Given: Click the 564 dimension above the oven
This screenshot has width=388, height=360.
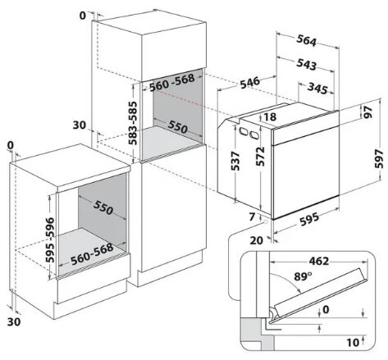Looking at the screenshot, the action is pyautogui.click(x=307, y=41).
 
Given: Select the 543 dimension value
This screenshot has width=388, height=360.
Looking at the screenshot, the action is pyautogui.click(x=307, y=65).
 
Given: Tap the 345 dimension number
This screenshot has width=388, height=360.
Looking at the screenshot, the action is pyautogui.click(x=317, y=89).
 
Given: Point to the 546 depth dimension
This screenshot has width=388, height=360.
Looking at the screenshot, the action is pyautogui.click(x=250, y=83).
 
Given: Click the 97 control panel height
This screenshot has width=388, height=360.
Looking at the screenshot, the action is pyautogui.click(x=368, y=112).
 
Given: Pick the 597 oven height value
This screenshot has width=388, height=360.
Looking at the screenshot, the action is pyautogui.click(x=379, y=158).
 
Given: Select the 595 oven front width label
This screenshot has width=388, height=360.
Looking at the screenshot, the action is pyautogui.click(x=309, y=219).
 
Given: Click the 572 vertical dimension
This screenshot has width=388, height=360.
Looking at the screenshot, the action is pyautogui.click(x=260, y=157).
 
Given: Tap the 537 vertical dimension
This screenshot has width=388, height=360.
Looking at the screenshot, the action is pyautogui.click(x=235, y=161).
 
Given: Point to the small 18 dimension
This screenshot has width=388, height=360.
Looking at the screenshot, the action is pyautogui.click(x=270, y=116).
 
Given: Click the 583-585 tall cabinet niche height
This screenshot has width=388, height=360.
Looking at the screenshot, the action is pyautogui.click(x=133, y=123).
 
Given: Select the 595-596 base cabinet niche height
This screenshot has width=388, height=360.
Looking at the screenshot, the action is pyautogui.click(x=50, y=240).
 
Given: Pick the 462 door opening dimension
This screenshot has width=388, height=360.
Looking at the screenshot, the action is pyautogui.click(x=318, y=261).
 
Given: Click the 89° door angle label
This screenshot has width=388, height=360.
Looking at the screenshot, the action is pyautogui.click(x=303, y=276).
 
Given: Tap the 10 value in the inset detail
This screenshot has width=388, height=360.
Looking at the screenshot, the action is pyautogui.click(x=353, y=342).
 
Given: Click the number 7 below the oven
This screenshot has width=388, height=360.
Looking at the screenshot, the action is pyautogui.click(x=252, y=216).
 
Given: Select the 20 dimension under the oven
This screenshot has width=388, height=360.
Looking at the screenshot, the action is pyautogui.click(x=257, y=240).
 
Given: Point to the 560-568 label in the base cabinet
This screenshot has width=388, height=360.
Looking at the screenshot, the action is pyautogui.click(x=92, y=254).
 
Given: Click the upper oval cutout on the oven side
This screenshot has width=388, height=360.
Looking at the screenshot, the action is pyautogui.click(x=243, y=130).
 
